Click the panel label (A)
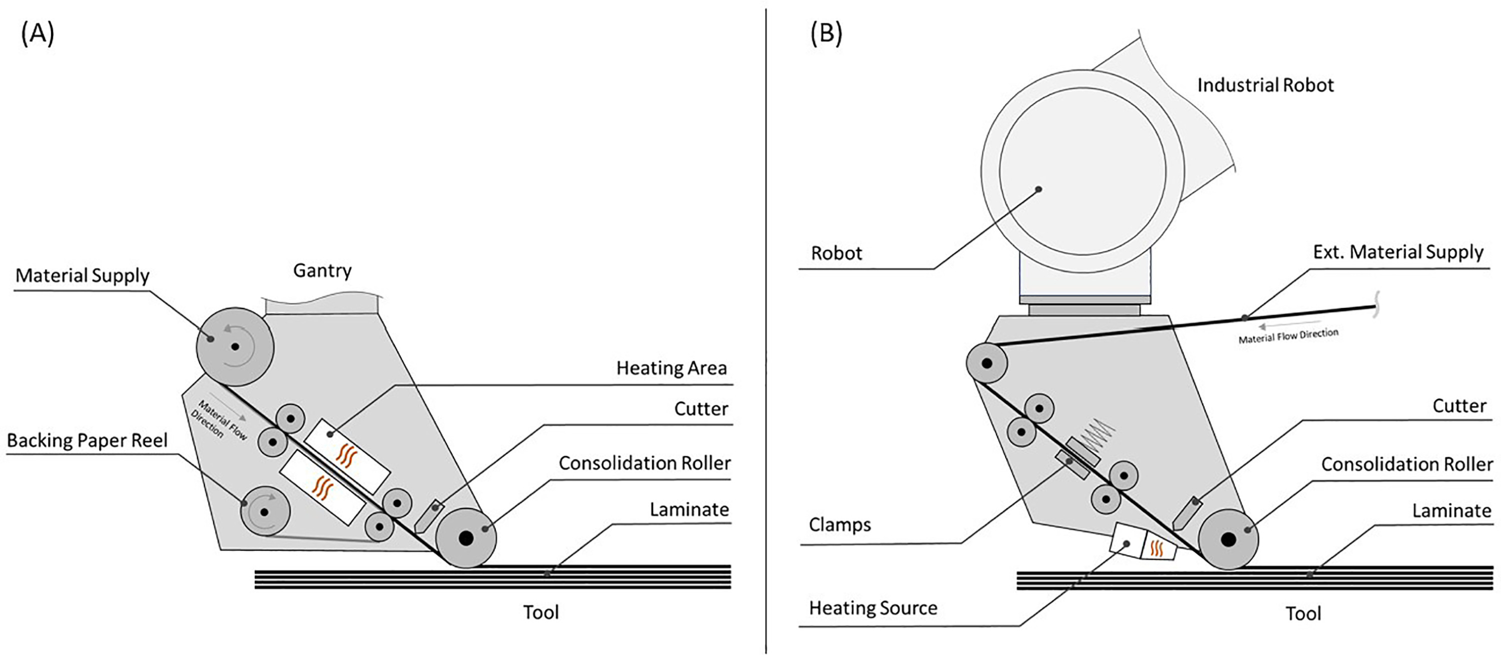pos(38,34)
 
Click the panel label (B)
pos(826,34)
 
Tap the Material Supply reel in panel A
pos(234,346)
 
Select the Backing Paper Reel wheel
pos(265,512)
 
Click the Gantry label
pos(322,270)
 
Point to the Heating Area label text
pos(671,368)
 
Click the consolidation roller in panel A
pos(466,538)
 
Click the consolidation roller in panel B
pos(1228,539)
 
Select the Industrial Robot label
pos(1265,85)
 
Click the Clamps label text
pos(840,525)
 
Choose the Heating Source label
pos(873,608)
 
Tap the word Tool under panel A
pos(541,612)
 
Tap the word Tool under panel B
pos(1303,613)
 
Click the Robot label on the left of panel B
pos(836,253)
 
